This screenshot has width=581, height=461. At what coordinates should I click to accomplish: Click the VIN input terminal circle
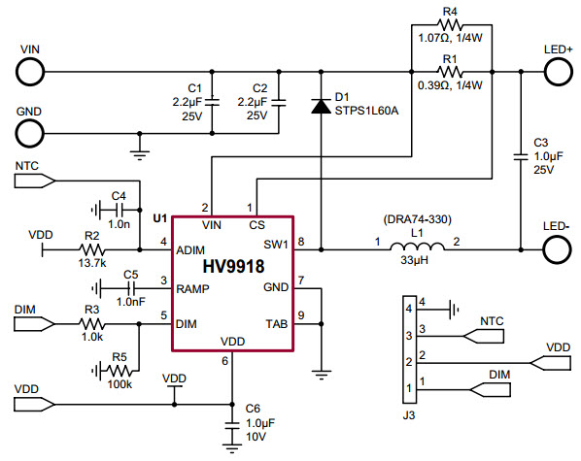(29, 70)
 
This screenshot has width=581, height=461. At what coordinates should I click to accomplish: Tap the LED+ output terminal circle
(558, 70)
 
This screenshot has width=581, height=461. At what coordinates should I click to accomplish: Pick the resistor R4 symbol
(450, 27)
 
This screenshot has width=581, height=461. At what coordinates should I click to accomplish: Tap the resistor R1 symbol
(450, 70)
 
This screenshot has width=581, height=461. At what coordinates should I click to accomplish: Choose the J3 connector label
(409, 415)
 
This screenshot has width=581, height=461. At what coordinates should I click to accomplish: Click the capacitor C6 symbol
(232, 425)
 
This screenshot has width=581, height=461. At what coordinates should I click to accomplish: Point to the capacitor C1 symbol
(214, 100)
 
